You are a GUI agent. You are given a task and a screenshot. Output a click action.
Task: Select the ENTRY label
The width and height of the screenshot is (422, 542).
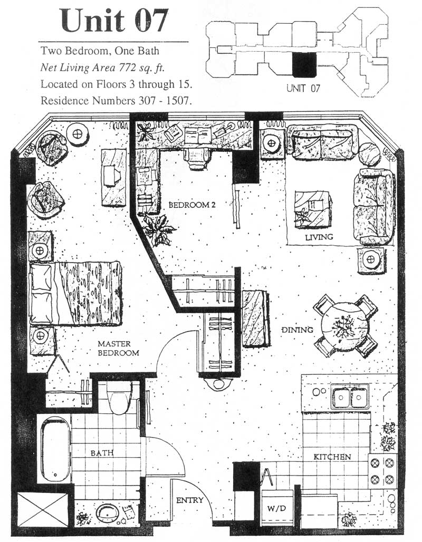point(190,500)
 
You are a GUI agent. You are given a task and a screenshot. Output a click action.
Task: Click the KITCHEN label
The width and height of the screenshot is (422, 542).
point(332,457)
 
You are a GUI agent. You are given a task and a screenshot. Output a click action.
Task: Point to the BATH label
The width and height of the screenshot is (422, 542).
point(101,452)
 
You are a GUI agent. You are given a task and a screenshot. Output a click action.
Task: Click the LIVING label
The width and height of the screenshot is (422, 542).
point(319,237)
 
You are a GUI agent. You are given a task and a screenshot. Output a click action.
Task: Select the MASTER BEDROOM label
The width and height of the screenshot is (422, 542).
point(118,349)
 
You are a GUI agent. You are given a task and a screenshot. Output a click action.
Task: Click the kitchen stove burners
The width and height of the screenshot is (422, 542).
point(382,471)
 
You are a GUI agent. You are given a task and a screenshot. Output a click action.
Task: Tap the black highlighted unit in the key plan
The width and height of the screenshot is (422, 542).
point(303,66)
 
